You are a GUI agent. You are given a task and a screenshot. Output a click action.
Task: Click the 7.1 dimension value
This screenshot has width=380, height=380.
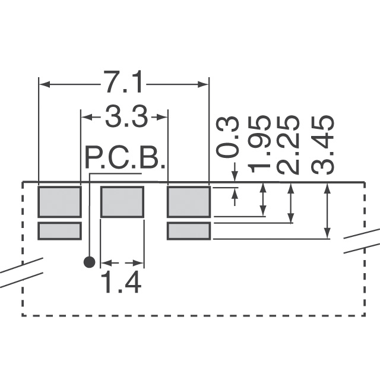coord(123,82)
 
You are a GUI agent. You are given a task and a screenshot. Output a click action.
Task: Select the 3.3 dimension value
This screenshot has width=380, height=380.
coord(126,116)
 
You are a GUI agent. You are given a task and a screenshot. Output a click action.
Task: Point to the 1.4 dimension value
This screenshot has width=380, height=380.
coord(121,282)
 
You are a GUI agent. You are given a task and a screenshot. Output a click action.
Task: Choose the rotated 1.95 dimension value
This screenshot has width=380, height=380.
coord(259,144)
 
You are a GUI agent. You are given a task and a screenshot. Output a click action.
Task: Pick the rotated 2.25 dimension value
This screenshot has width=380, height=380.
coord(287,145)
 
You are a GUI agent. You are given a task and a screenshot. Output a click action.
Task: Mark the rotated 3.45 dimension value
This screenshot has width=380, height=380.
coord(323,145)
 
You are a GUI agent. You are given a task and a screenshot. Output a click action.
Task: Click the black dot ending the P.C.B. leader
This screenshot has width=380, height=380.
coord(89,262)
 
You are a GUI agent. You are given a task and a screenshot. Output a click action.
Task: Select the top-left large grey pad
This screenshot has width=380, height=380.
coord(59,202)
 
